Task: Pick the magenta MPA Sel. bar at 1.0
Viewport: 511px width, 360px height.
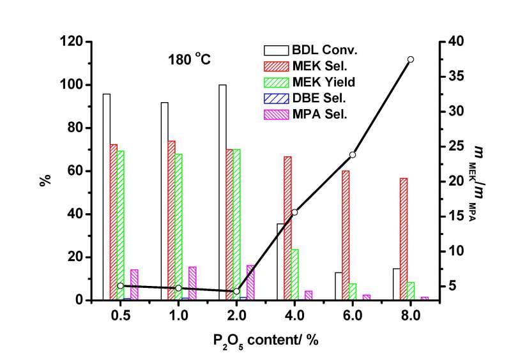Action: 192,283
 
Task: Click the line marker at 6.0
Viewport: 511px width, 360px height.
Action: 353,154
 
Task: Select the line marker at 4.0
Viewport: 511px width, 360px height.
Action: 294,213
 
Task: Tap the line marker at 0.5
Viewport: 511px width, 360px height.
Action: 120,286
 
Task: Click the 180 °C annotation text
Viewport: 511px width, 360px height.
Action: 185,61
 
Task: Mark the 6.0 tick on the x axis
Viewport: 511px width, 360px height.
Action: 352,315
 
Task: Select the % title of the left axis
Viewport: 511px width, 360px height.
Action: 45,181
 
